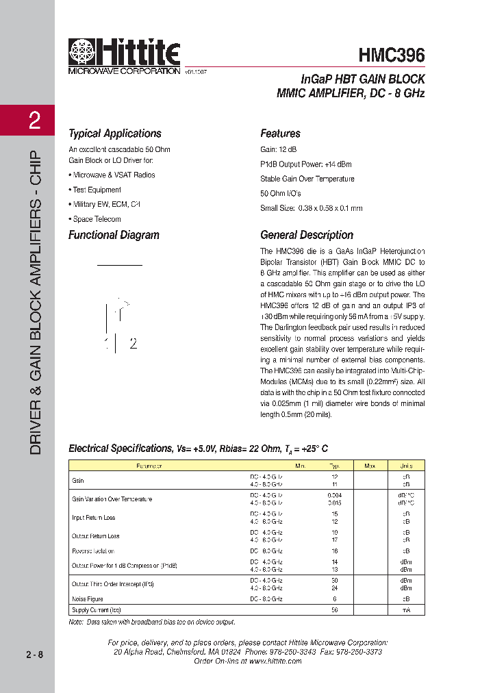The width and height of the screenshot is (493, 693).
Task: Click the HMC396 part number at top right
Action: [391, 54]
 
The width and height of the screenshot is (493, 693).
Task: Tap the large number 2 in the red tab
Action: [34, 122]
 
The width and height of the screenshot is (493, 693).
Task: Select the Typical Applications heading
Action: [114, 134]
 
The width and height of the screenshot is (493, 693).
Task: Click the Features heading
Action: [280, 134]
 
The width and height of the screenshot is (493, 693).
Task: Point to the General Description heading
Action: [307, 235]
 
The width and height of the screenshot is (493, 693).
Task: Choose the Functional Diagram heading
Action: [114, 235]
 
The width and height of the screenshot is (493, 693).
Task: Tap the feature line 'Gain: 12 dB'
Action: [279, 149]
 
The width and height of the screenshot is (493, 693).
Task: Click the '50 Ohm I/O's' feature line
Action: [281, 193]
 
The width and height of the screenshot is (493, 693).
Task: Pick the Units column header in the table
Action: [406, 465]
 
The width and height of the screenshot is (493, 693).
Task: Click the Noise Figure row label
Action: [88, 598]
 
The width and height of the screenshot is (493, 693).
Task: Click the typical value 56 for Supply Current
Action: [335, 609]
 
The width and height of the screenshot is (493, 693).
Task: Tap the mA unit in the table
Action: [406, 609]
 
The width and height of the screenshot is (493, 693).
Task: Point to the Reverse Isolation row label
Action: [93, 551]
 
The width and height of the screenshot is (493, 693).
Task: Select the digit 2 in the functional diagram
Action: [133, 344]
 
